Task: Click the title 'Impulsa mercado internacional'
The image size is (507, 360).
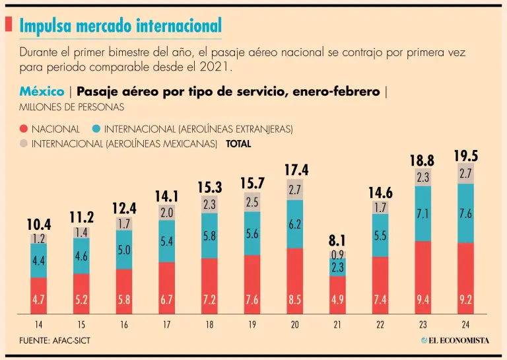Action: click(x=121, y=26)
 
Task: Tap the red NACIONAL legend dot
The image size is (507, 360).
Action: click(x=24, y=129)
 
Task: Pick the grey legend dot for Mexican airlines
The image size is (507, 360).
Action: click(x=24, y=143)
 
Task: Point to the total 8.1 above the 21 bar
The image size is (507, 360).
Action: click(x=337, y=240)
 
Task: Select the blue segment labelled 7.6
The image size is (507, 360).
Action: click(x=466, y=213)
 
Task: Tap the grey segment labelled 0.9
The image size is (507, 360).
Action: click(x=337, y=254)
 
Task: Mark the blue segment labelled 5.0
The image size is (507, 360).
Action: click(x=124, y=250)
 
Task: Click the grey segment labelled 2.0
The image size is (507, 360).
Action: click(x=167, y=212)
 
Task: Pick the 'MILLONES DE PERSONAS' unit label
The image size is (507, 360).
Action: click(x=62, y=106)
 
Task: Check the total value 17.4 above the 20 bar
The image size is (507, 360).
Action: click(x=295, y=170)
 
